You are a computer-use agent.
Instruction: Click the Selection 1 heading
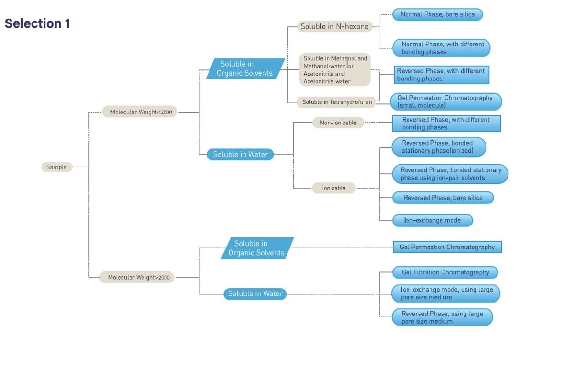coord(37,23)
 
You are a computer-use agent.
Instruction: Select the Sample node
coord(56,167)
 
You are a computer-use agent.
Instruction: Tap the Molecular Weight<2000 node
coord(139,112)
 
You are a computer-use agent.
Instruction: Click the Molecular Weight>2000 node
coord(137,277)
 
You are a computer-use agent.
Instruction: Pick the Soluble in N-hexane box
coord(334,27)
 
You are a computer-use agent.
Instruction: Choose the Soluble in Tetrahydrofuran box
coord(336,102)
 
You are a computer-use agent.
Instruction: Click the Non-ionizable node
coord(338,123)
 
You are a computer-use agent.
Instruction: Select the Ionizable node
coord(333,188)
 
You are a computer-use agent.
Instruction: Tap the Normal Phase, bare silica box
coord(437,14)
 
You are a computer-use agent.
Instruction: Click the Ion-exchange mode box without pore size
coord(432,220)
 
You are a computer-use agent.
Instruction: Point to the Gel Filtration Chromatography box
coord(445,272)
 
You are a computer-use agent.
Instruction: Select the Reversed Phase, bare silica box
coord(442,198)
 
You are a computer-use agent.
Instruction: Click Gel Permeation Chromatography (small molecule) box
coord(446,101)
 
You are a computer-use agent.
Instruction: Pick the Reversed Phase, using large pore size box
coord(442,317)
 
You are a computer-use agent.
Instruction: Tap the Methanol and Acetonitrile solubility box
coord(335,70)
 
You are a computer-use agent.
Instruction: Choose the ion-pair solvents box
coord(450,174)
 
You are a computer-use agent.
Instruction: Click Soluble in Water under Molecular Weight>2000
coord(255,294)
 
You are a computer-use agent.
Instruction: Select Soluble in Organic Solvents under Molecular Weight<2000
coord(245,68)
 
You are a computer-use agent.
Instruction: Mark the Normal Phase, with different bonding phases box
coord(442,48)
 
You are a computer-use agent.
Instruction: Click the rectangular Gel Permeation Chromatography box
coord(447,247)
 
